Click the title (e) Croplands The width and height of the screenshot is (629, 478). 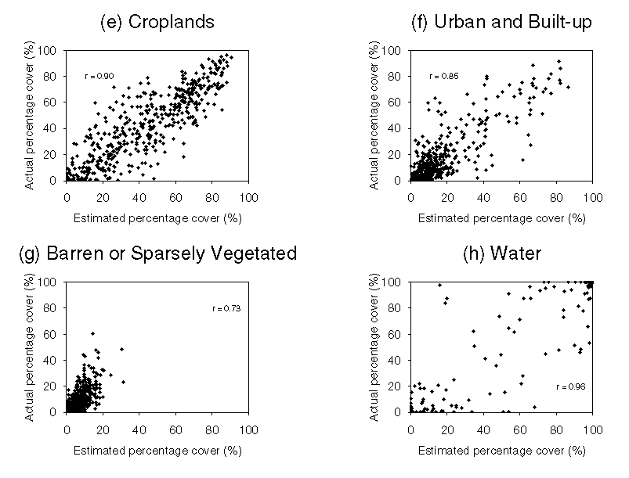tap(157, 22)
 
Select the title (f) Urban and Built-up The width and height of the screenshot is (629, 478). tap(501, 22)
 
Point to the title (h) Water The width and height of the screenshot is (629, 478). tap(501, 253)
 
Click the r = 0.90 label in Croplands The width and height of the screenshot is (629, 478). tap(99, 76)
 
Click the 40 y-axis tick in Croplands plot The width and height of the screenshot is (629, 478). tap(52, 128)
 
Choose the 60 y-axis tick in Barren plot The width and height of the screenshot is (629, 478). tap(52, 333)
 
